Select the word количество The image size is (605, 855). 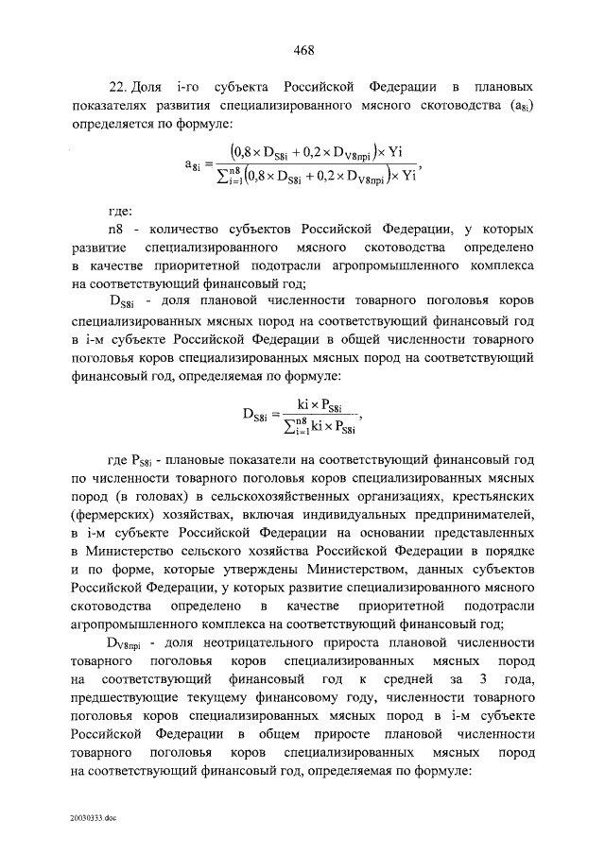click(165, 230)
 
